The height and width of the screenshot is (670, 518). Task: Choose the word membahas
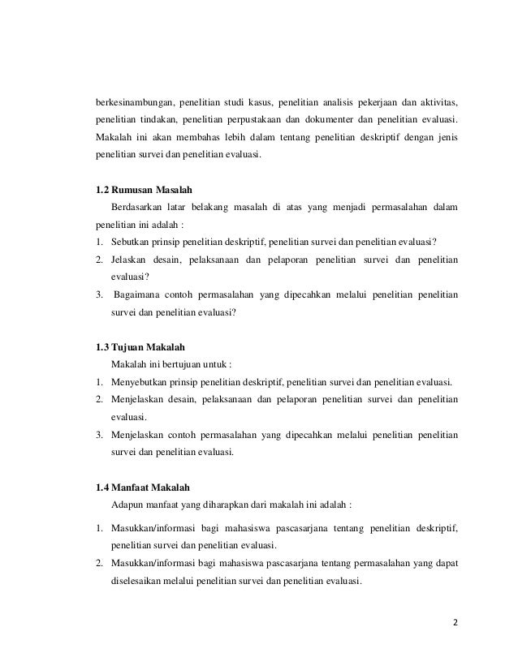point(186,135)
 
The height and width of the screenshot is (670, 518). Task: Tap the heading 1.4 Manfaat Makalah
point(142,487)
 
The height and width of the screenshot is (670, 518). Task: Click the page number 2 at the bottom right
point(455,623)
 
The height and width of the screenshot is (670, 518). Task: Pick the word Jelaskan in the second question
point(131,259)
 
